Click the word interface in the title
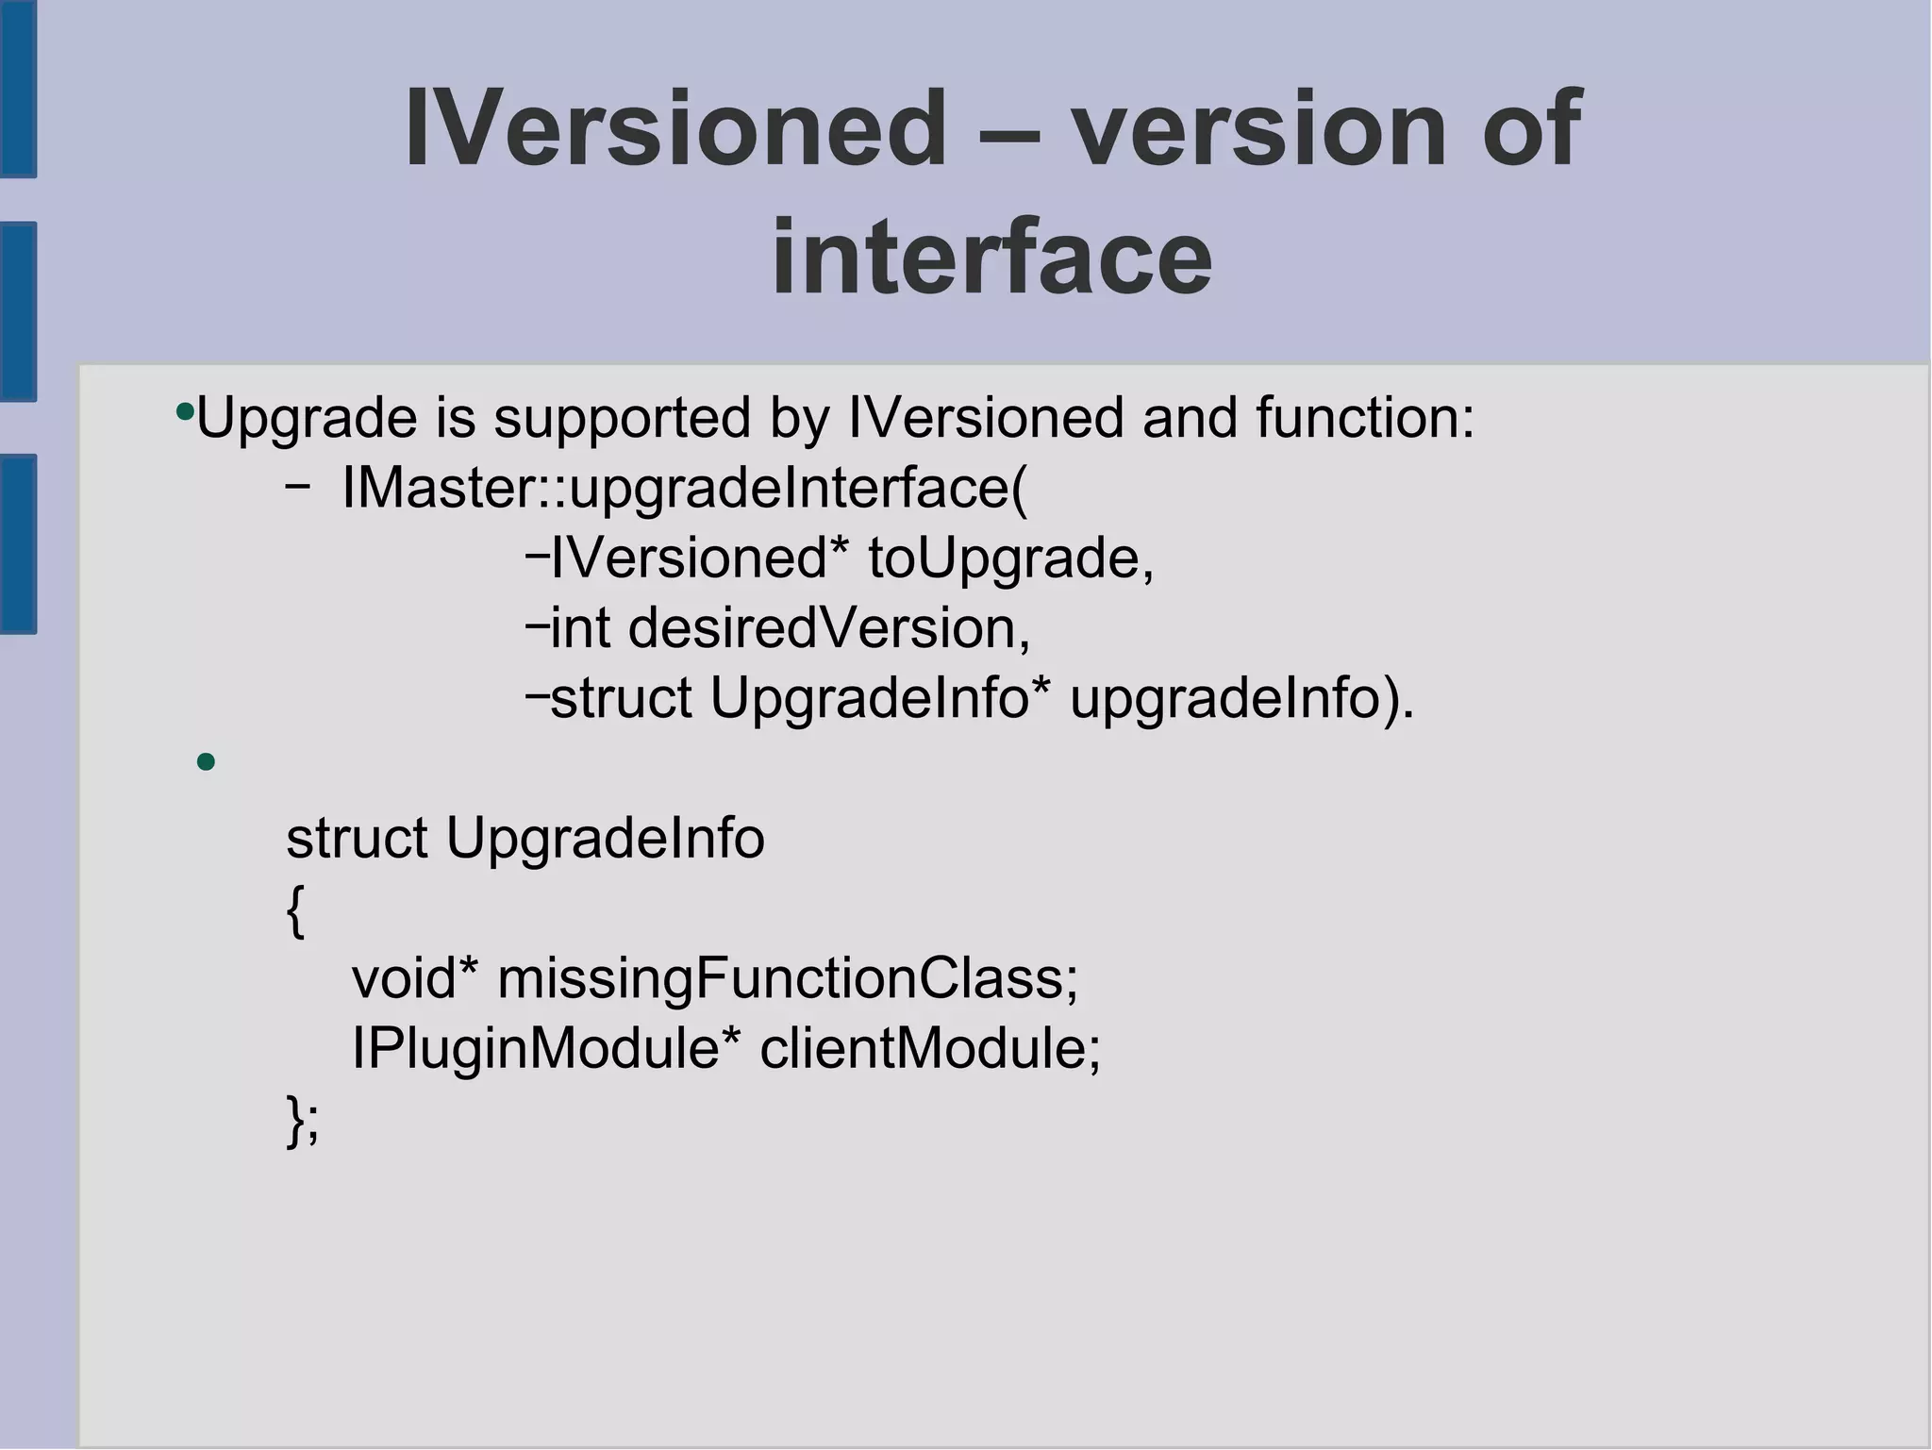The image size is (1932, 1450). click(x=991, y=257)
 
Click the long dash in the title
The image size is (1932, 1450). click(x=1008, y=132)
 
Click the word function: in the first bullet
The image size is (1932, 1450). click(x=1364, y=418)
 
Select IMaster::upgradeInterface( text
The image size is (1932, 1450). click(x=685, y=489)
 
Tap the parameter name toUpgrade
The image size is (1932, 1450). click(x=1010, y=558)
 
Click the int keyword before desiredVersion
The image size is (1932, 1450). click(x=579, y=628)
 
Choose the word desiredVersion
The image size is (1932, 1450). click(x=829, y=628)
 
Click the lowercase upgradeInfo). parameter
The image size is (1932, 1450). click(x=1241, y=698)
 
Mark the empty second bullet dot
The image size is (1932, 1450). click(x=207, y=761)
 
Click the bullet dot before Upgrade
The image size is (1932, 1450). click(x=185, y=412)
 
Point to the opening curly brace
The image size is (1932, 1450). click(x=295, y=911)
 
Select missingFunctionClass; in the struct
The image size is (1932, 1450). click(x=788, y=978)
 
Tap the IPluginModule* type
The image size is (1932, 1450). click(x=546, y=1048)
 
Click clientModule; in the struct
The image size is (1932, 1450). click(x=930, y=1048)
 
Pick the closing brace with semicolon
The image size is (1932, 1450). click(x=303, y=1121)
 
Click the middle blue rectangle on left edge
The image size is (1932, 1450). click(x=18, y=311)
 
